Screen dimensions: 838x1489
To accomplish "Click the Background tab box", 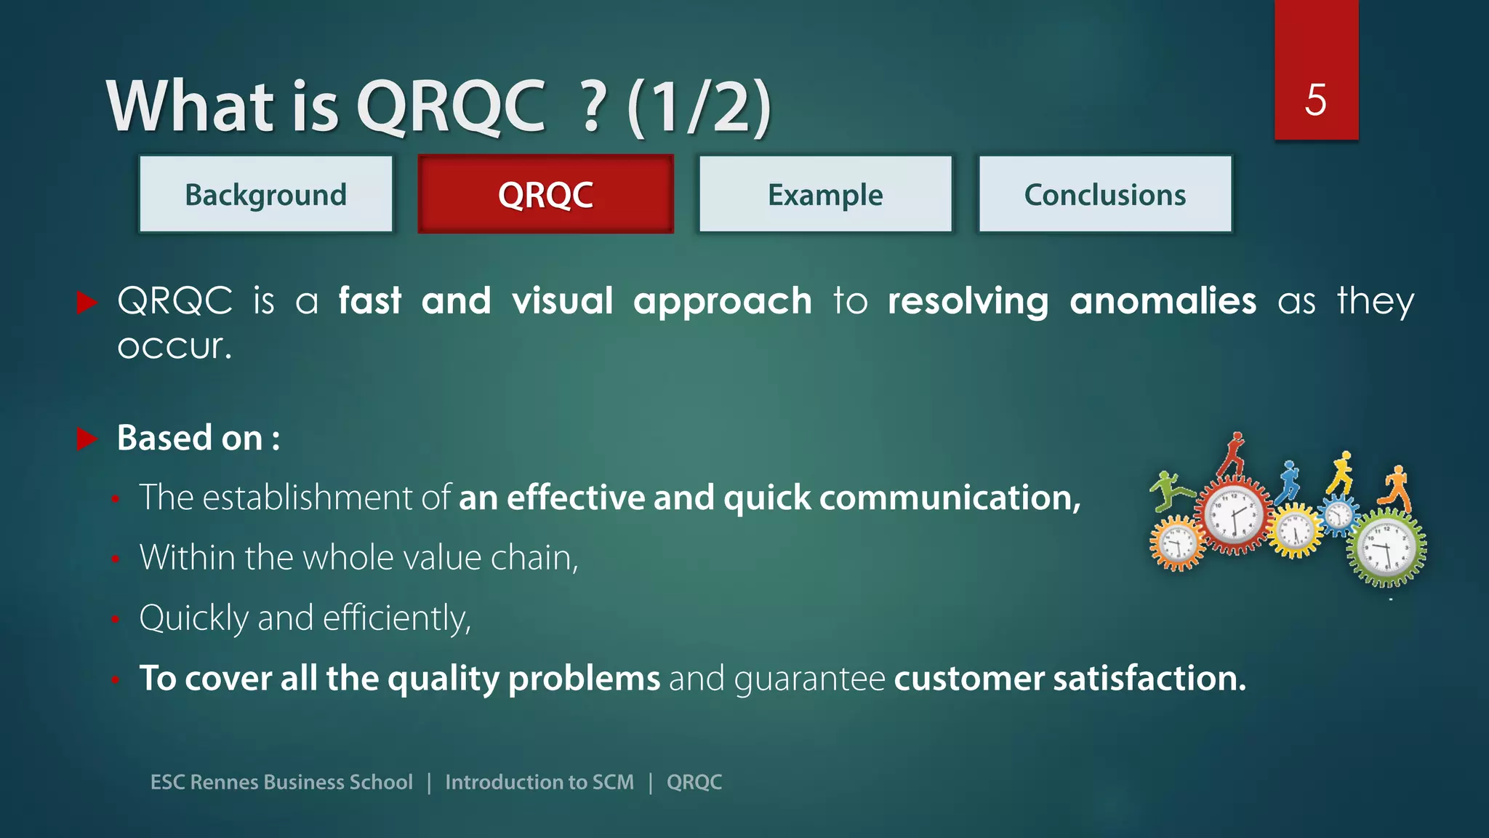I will pyautogui.click(x=266, y=194).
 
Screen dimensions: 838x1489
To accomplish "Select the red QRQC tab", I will pyautogui.click(x=545, y=194).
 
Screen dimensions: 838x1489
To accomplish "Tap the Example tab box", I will pyautogui.click(x=825, y=194).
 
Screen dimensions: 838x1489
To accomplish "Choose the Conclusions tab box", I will pyautogui.click(x=1104, y=194).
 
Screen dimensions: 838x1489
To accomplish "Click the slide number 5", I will pyautogui.click(x=1315, y=100).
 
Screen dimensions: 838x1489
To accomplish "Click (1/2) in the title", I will pyautogui.click(x=699, y=107).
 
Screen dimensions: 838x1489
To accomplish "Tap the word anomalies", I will pyautogui.click(x=1163, y=301).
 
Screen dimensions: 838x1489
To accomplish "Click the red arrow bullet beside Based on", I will pyautogui.click(x=87, y=439).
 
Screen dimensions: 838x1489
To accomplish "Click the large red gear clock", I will pyautogui.click(x=1234, y=515).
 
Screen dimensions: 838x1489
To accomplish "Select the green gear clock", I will pyautogui.click(x=1386, y=548).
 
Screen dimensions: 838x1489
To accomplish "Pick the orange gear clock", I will pyautogui.click(x=1176, y=543).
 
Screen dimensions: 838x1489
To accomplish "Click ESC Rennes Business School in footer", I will pyautogui.click(x=281, y=782).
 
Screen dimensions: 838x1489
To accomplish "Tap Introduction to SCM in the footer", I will pyautogui.click(x=539, y=782).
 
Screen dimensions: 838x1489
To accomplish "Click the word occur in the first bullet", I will pyautogui.click(x=174, y=347).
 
